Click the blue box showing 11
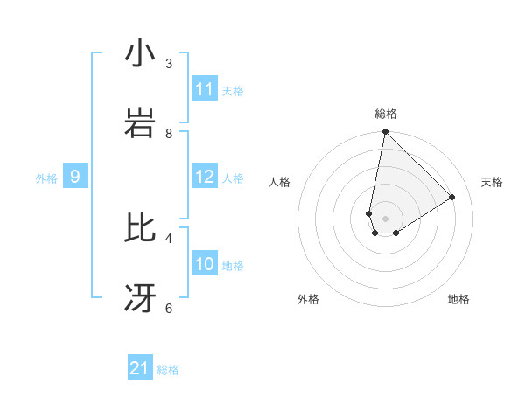coord(205,89)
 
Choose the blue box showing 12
coord(205,177)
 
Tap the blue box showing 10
coord(205,264)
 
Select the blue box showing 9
coord(75,177)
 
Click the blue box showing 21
coord(140,368)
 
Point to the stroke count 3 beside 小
coord(169,63)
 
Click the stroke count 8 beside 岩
coord(169,133)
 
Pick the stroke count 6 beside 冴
coord(169,308)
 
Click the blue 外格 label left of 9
coord(46,178)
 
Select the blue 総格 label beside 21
coord(168,370)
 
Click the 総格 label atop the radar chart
coord(385,114)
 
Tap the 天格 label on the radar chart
coord(492,182)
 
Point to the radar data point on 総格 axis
coord(385,132)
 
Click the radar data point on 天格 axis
coord(452,197)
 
